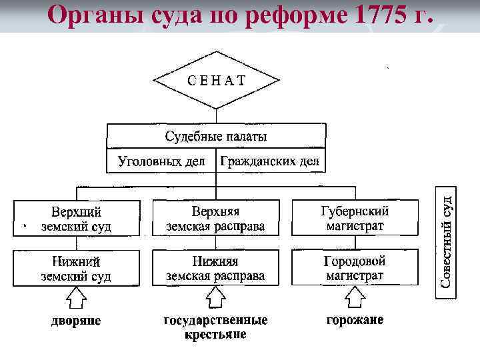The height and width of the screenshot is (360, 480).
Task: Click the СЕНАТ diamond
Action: [x=215, y=81]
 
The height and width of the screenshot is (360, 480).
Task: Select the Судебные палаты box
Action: [x=216, y=137]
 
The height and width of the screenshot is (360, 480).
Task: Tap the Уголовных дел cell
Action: [x=161, y=161]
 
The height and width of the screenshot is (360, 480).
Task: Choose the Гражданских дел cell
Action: [x=270, y=161]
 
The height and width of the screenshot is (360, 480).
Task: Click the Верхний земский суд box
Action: [x=76, y=219]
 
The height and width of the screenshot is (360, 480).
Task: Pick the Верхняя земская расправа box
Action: [x=215, y=219]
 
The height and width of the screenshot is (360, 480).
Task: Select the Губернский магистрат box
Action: [x=355, y=219]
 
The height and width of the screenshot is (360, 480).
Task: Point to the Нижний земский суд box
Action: [x=76, y=268]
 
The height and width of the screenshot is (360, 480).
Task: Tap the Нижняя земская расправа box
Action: [x=215, y=268]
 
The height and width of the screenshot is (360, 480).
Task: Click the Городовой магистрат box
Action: [x=355, y=268]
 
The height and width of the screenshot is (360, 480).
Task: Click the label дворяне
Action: [x=77, y=321]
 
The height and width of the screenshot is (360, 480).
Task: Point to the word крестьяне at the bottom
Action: [x=215, y=334]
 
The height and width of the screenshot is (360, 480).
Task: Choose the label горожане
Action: [x=354, y=320]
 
